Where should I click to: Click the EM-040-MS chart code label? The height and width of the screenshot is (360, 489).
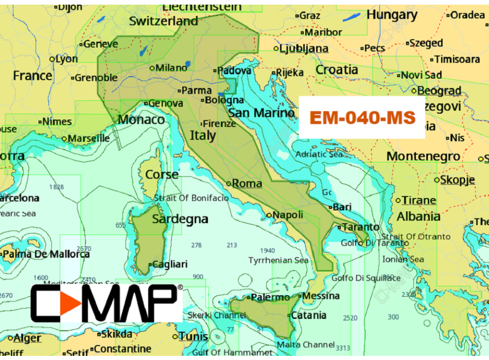tap(362, 118)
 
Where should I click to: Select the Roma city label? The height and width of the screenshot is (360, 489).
tap(247, 183)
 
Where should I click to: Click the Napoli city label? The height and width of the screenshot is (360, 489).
tap(288, 215)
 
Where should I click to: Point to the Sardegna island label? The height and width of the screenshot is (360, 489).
tap(180, 219)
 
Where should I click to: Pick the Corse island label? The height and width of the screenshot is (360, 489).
tap(162, 174)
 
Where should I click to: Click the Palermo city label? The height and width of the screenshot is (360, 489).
tap(270, 297)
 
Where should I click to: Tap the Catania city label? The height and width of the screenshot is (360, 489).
tap(308, 315)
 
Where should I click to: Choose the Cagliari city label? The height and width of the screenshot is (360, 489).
tap(170, 264)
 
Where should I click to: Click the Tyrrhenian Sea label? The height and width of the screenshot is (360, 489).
tap(278, 260)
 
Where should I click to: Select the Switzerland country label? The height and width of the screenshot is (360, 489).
tap(163, 21)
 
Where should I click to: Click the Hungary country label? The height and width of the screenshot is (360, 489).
tap(392, 15)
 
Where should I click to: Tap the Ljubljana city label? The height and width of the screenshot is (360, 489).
tap(304, 49)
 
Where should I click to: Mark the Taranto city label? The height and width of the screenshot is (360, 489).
tap(361, 227)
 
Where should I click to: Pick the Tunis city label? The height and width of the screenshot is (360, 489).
tap(193, 336)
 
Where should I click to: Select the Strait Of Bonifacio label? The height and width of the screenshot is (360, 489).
tap(191, 198)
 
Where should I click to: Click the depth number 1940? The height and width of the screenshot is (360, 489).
tap(268, 250)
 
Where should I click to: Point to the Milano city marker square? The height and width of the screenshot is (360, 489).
tap(152, 68)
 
